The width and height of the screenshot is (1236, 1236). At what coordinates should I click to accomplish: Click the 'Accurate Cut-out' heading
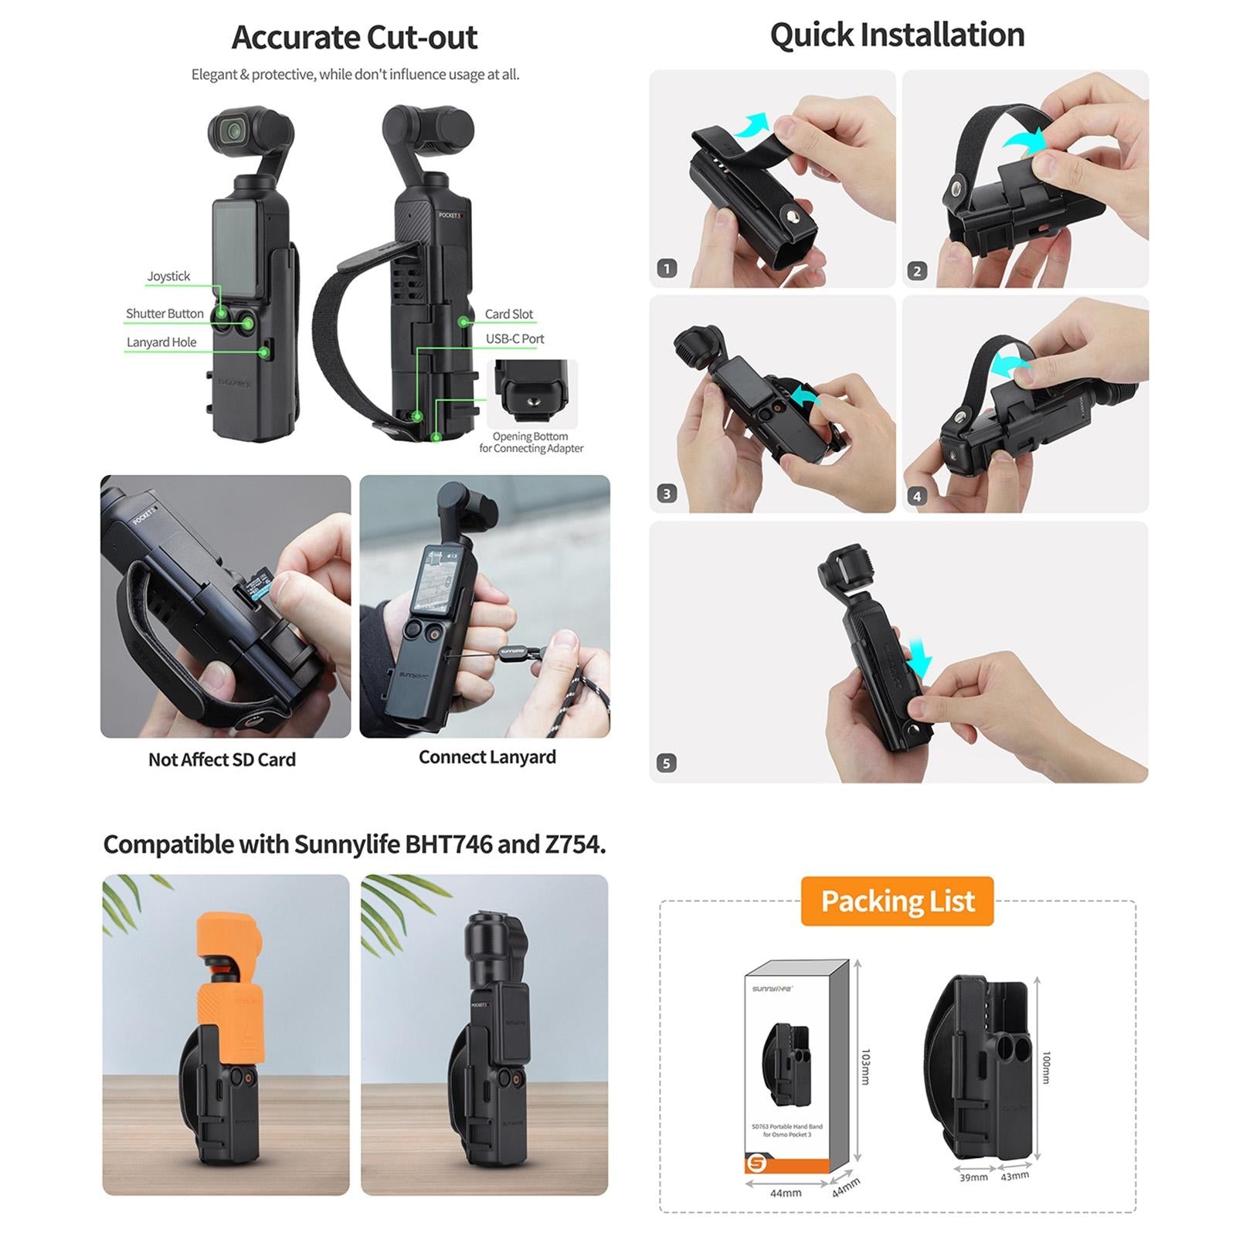click(x=355, y=37)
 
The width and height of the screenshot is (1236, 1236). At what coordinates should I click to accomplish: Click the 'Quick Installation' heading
click(x=897, y=35)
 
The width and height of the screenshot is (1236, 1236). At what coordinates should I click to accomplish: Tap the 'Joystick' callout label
click(x=168, y=276)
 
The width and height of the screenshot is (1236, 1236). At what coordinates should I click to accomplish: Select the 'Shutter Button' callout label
click(x=165, y=314)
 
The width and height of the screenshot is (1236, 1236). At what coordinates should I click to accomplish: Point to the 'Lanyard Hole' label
click(x=161, y=342)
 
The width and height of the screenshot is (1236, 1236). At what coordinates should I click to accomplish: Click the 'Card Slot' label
click(x=509, y=314)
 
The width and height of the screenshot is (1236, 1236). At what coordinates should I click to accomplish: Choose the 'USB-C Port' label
click(x=514, y=338)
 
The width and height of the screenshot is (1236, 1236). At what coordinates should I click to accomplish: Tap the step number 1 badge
click(x=667, y=268)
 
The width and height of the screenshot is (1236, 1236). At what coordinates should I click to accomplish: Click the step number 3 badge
click(x=667, y=494)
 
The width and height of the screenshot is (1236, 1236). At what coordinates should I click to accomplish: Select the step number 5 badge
click(x=667, y=763)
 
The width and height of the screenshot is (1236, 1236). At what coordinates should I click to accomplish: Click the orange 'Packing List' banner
click(x=897, y=901)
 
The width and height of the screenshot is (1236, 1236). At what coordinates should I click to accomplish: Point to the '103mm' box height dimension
click(x=865, y=1066)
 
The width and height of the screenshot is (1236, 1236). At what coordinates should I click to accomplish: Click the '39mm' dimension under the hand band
click(x=973, y=1177)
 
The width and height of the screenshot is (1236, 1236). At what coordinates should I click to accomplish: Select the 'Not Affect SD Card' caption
click(x=222, y=759)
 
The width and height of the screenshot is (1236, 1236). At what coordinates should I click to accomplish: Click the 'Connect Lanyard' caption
click(x=487, y=757)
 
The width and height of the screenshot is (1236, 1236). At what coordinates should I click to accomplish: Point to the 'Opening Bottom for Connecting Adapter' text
click(x=531, y=442)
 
